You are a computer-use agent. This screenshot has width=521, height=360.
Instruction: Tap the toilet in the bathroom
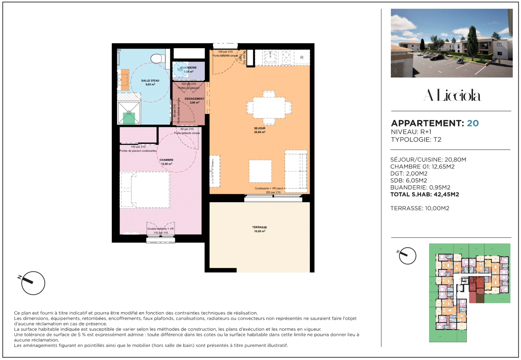[157, 59]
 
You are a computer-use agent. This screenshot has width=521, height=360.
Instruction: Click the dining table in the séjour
[269, 108]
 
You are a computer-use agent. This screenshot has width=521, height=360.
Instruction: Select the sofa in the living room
[296, 171]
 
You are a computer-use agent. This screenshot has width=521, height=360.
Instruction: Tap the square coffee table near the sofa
[260, 171]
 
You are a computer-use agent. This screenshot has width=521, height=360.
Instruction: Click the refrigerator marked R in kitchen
[302, 57]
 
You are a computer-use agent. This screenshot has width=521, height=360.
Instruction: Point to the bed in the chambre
[145, 190]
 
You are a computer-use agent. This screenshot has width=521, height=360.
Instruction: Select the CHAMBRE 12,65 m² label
[166, 162]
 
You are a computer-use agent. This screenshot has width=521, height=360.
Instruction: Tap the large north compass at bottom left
[33, 283]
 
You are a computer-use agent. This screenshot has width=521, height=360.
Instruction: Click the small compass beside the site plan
[407, 256]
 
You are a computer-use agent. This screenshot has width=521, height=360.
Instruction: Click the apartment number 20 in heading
[473, 123]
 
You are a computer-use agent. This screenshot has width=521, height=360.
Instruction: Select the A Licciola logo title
[452, 96]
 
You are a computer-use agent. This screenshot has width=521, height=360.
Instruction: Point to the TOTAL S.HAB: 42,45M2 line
[424, 194]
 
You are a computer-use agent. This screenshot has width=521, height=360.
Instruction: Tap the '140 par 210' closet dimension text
[138, 147]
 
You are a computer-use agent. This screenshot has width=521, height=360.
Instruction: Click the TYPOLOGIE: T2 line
[416, 140]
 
